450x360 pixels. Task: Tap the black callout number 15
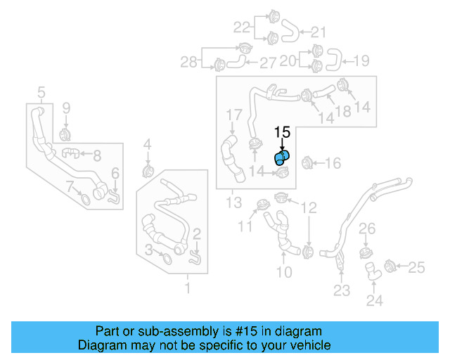(x=282, y=131)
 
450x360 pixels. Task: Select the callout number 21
(x=319, y=32)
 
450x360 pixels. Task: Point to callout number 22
(x=242, y=27)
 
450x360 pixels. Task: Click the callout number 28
(x=188, y=63)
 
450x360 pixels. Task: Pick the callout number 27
(x=268, y=63)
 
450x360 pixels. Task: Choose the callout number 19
(x=360, y=60)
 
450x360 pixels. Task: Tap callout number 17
(x=233, y=114)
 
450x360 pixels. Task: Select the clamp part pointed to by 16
(x=307, y=163)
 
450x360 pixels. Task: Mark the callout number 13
(x=233, y=203)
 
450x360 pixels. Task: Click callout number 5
(x=41, y=92)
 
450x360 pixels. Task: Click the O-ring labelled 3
(x=167, y=259)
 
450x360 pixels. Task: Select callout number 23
(x=341, y=290)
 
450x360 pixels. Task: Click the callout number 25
(x=416, y=266)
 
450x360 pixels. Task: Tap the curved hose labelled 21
(x=290, y=30)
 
